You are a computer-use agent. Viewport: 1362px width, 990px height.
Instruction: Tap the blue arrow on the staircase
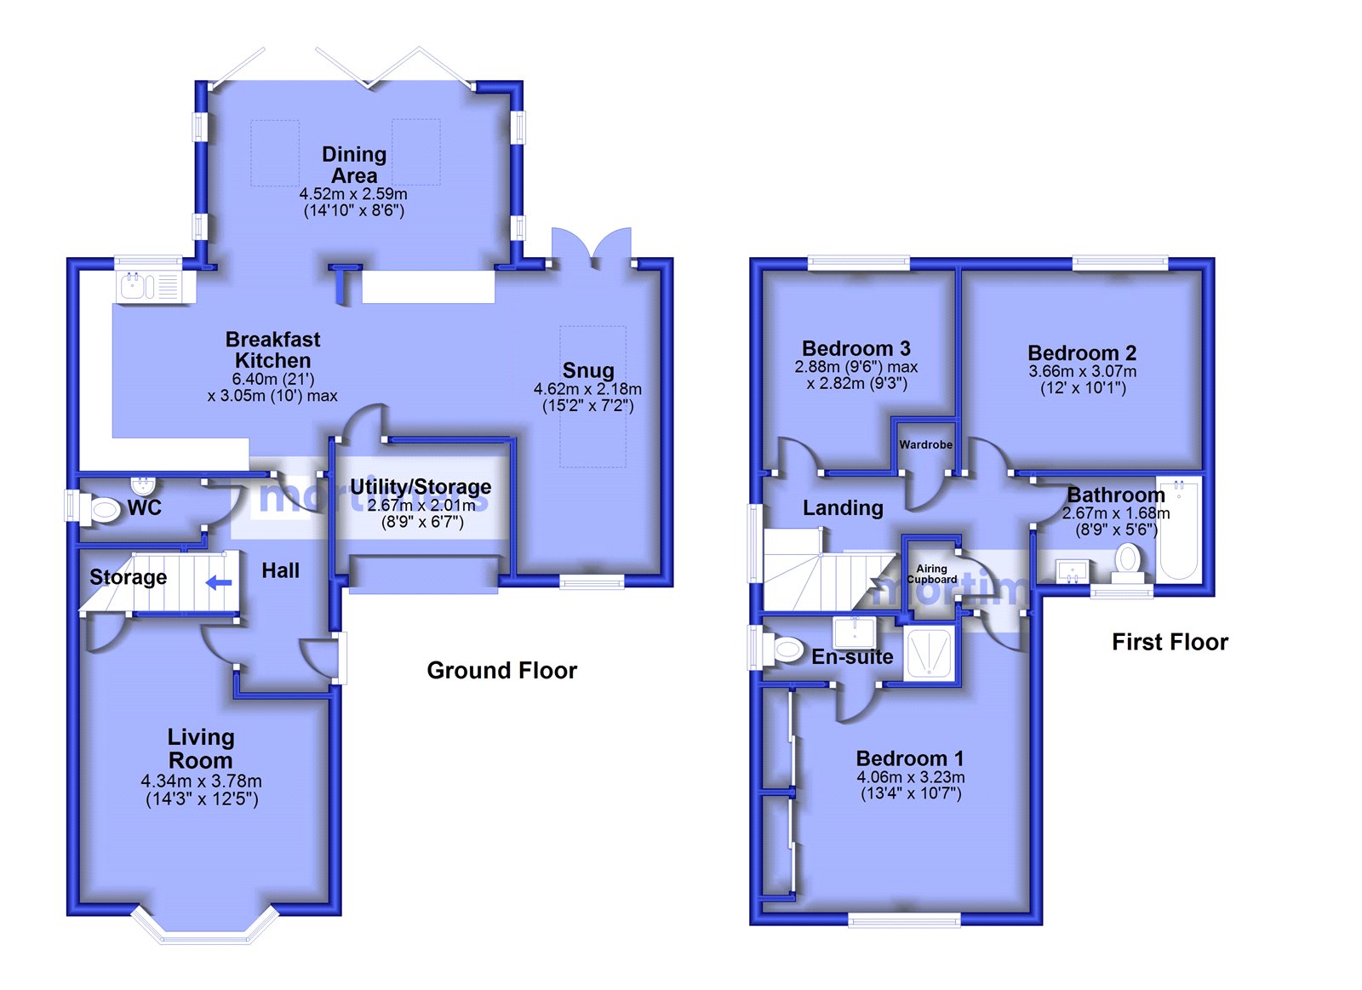click(x=219, y=583)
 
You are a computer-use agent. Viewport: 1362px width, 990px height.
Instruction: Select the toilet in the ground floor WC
click(x=100, y=510)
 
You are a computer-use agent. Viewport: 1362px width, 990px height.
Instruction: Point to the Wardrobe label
click(x=925, y=444)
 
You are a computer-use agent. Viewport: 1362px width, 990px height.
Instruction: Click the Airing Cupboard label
click(x=931, y=574)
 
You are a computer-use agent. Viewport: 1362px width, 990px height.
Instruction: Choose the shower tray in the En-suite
click(x=928, y=654)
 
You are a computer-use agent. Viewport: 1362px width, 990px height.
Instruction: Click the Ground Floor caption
click(x=501, y=670)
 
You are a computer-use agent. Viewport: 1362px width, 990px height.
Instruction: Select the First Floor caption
click(x=1170, y=642)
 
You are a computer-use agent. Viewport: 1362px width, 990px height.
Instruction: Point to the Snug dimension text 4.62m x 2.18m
click(x=587, y=388)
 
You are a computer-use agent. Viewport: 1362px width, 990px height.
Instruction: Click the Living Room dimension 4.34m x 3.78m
click(x=201, y=781)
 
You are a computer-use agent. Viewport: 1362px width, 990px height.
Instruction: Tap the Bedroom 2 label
click(x=1082, y=352)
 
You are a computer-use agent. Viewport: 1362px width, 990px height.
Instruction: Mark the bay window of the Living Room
click(x=205, y=928)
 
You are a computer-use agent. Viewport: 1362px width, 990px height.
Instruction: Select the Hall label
click(x=280, y=570)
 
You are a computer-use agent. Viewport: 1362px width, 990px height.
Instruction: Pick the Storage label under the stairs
click(x=128, y=576)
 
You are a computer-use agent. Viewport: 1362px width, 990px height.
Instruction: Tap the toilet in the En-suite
click(x=785, y=650)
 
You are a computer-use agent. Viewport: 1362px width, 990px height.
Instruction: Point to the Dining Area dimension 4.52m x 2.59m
click(x=353, y=194)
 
